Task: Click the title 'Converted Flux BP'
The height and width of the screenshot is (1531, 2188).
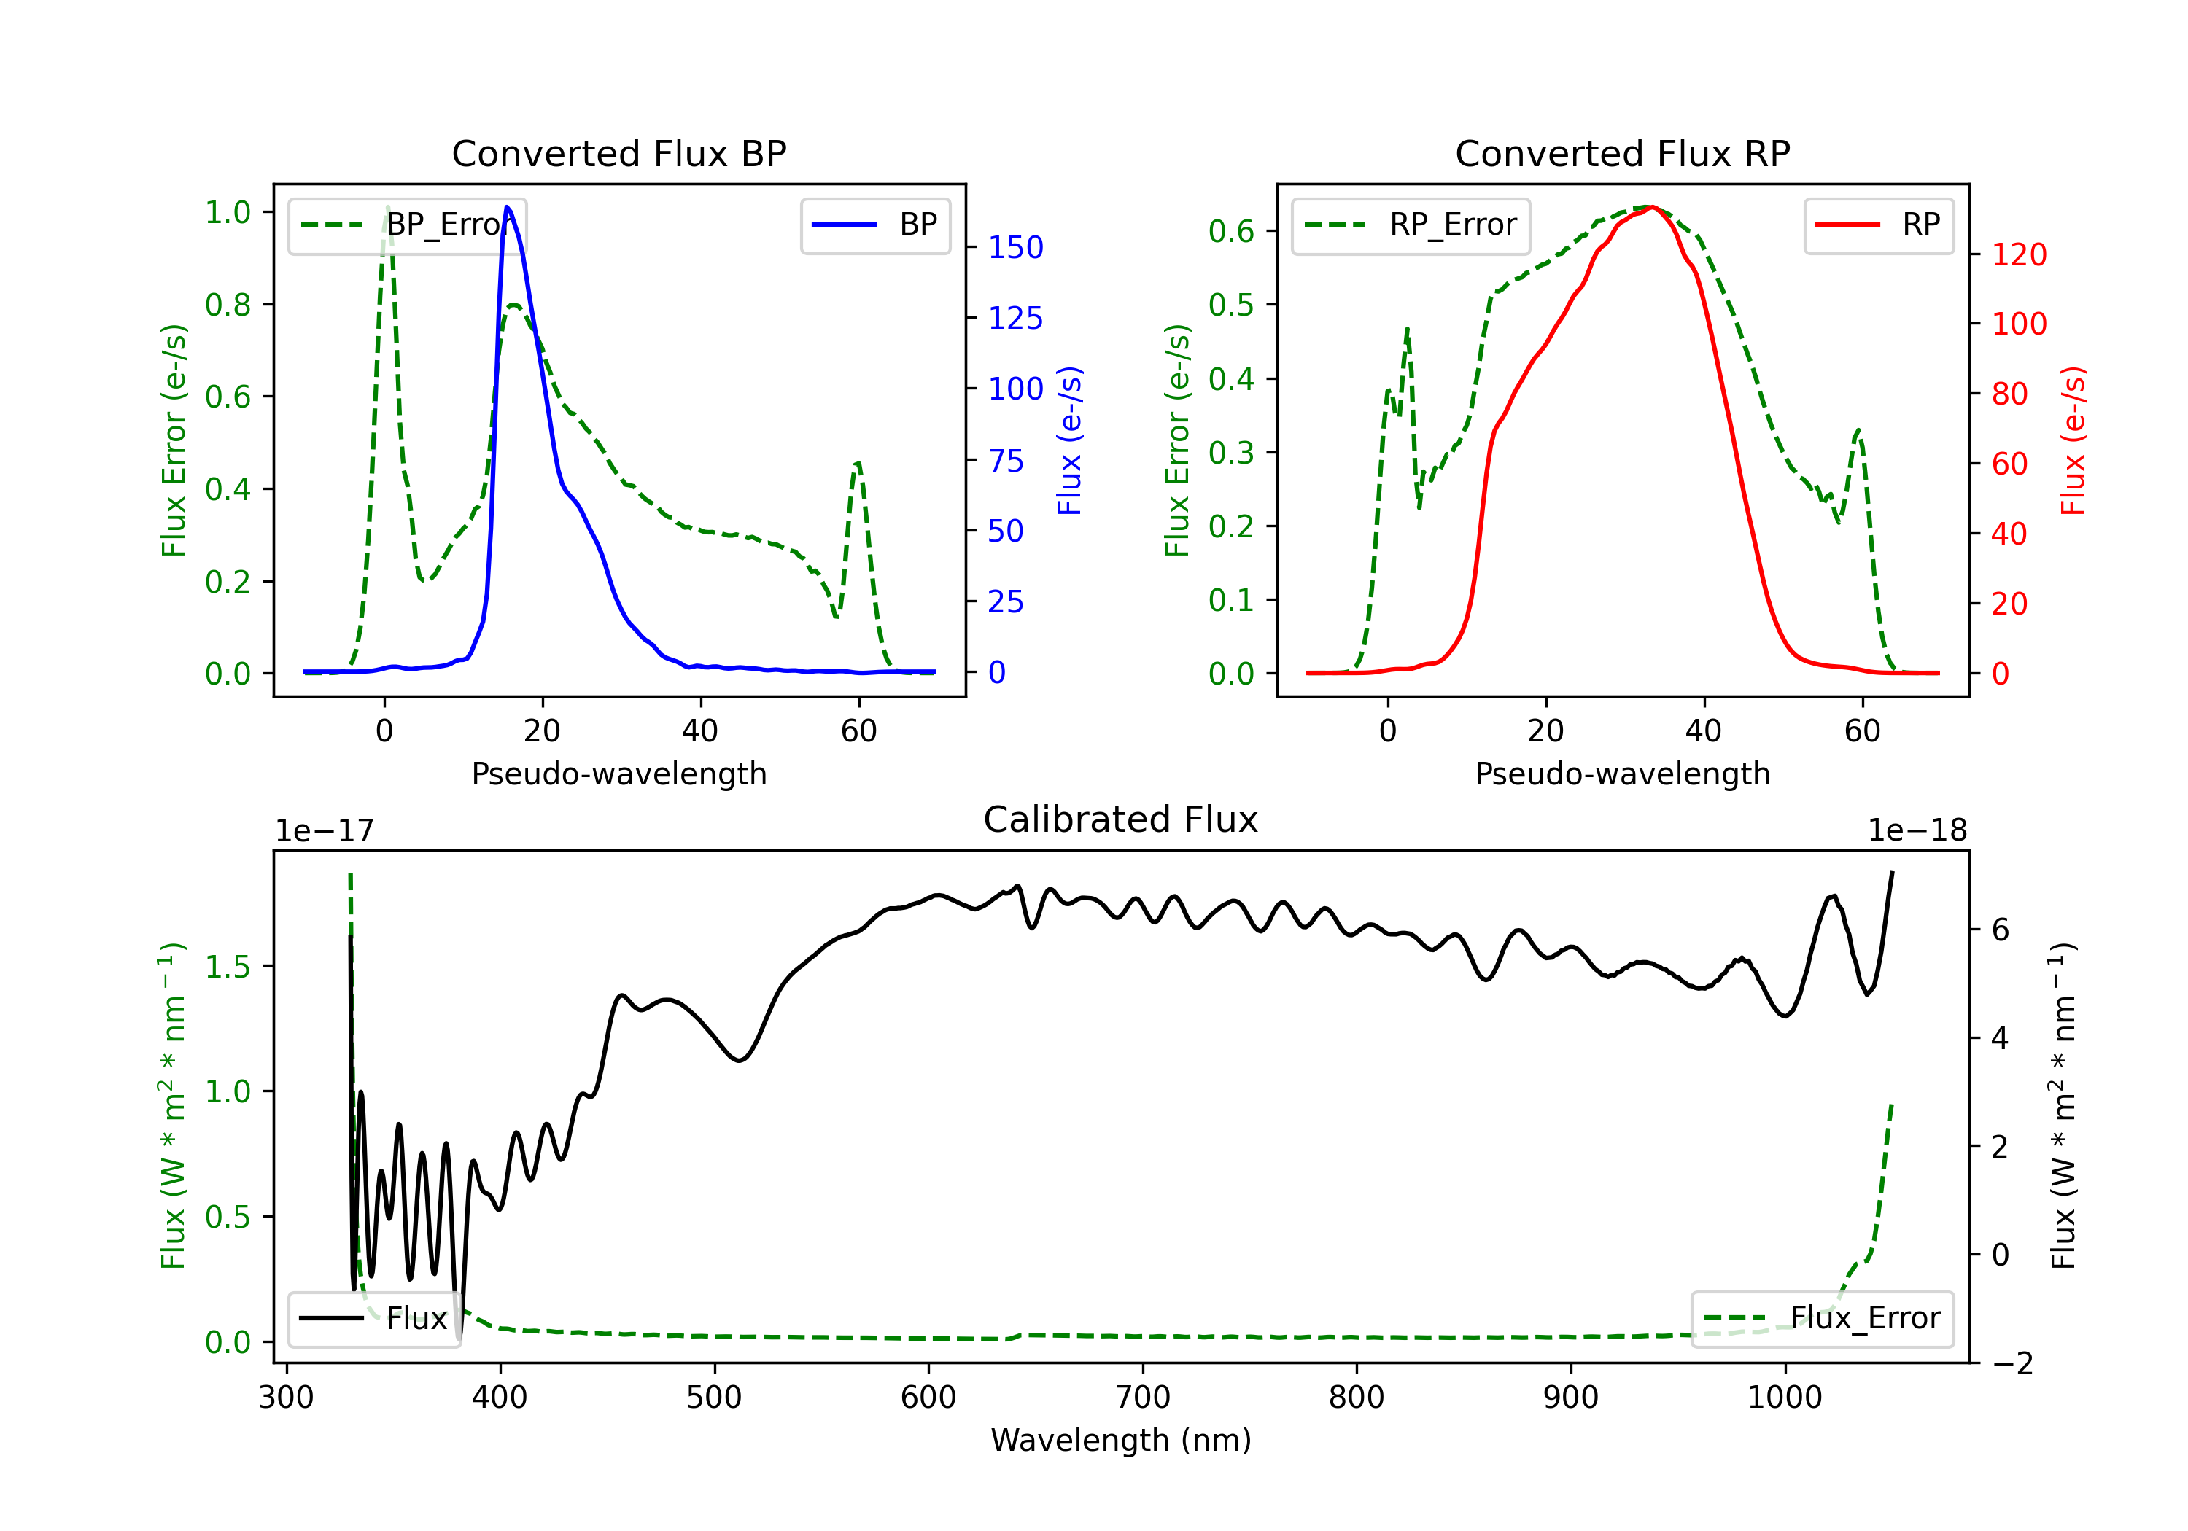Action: pos(618,153)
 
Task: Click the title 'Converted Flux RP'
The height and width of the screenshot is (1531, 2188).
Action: pos(1622,153)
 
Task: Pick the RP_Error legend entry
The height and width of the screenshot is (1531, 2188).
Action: pos(1411,225)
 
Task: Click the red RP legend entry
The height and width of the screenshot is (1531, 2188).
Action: pos(1878,225)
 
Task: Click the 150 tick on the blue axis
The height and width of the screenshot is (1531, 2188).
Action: pos(1015,248)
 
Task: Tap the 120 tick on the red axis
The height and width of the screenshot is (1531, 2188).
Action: pos(2018,254)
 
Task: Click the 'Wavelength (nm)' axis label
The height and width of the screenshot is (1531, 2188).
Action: pos(1121,1440)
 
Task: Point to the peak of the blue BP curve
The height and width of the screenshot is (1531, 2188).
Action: pos(507,207)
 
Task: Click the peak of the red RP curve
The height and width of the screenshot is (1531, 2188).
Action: pos(1651,207)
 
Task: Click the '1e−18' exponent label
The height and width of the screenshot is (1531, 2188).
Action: pos(1917,831)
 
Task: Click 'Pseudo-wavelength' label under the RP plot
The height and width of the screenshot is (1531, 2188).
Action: pos(1622,774)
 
